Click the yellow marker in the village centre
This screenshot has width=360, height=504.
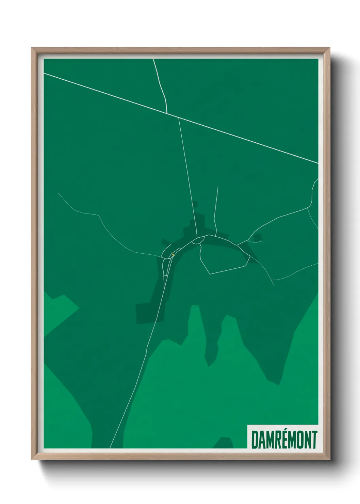173,254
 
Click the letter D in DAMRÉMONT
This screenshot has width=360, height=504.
255,440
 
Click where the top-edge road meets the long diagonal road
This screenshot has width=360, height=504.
167,113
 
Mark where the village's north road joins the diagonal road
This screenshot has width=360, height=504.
179,117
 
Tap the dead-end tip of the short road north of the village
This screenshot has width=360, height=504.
218,187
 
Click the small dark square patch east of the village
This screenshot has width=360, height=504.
257,237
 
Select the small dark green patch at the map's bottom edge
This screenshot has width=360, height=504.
223,443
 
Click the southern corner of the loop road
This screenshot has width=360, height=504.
209,274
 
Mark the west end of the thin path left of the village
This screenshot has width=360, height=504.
58,193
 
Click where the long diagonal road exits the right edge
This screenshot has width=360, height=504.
318,163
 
